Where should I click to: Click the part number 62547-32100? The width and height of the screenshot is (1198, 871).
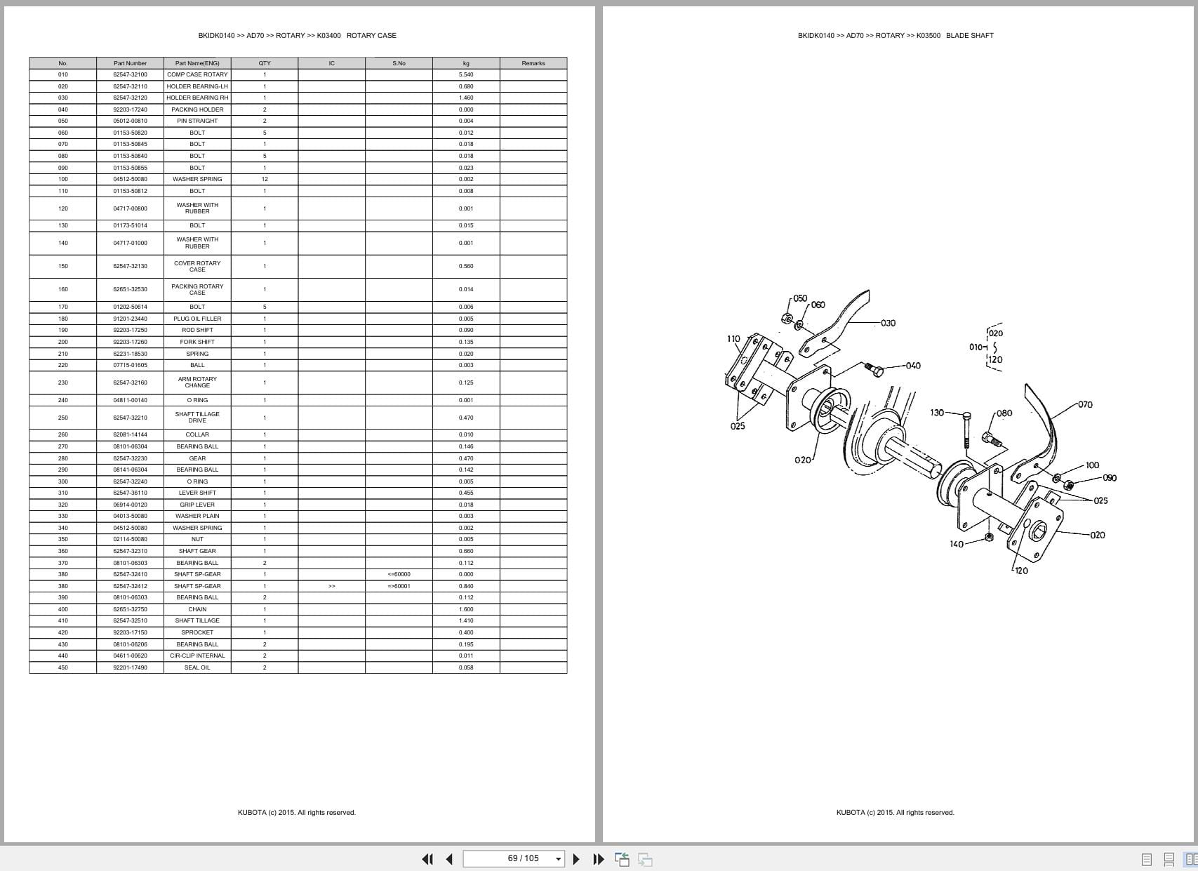130,74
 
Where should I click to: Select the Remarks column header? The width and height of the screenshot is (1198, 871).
533,63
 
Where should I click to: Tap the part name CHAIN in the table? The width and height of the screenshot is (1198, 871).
197,609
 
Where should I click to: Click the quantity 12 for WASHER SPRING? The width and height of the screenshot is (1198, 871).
265,179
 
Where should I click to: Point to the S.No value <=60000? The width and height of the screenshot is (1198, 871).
399,574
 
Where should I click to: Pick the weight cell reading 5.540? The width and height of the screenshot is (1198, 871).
466,74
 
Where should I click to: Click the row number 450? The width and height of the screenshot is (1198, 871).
63,667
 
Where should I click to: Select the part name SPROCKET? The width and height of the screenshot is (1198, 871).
197,632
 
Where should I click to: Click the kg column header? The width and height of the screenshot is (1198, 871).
466,63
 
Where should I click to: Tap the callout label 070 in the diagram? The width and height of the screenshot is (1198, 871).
1085,404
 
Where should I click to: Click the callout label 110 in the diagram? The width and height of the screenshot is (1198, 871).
733,339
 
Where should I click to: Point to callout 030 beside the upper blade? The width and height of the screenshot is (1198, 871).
888,323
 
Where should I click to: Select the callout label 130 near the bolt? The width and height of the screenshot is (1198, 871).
937,413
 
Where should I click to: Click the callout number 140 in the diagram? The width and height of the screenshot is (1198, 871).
957,544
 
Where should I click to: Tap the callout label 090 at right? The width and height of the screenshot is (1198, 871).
1110,478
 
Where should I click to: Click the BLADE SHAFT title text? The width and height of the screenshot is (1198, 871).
969,35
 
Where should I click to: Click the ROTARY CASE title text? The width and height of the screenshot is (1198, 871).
371,35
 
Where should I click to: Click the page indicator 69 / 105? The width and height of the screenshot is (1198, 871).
523,858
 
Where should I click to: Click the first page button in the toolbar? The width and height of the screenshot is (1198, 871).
427,859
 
